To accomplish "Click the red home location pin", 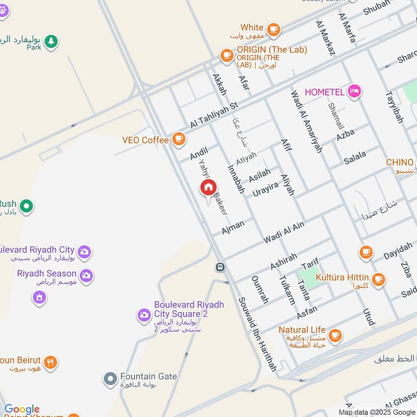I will click(x=208, y=188).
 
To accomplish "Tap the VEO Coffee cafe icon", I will click(x=179, y=139).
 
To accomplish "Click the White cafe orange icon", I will click(x=273, y=29).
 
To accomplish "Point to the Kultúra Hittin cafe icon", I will click(x=378, y=278).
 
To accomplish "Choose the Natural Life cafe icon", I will click(x=335, y=336).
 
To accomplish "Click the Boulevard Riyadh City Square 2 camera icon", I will click(x=143, y=314).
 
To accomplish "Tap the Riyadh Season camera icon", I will click(x=86, y=274).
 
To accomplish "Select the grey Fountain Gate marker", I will click(x=110, y=379).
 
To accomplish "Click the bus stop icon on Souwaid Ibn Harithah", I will click(x=220, y=267).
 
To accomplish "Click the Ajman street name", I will click(x=232, y=227).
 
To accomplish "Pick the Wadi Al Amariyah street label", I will click(x=306, y=121).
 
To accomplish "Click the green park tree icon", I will click(x=51, y=41).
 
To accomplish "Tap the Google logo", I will click(x=21, y=409).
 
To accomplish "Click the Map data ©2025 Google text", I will click(x=377, y=412).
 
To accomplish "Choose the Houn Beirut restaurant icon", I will click(x=50, y=362).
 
